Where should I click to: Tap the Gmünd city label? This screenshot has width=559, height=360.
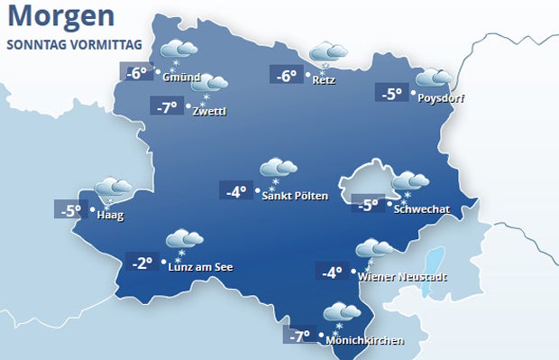[181, 77]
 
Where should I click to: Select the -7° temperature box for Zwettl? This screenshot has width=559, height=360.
[167, 108]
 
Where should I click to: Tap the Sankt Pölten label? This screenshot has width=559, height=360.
[294, 196]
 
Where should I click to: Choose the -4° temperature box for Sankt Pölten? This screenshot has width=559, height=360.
[237, 191]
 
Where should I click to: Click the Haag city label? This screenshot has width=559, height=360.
[110, 216]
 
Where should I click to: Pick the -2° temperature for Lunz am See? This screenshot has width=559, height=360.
[142, 263]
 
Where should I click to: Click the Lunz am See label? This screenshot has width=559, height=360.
[201, 266]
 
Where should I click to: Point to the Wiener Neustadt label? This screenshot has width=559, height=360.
[402, 277]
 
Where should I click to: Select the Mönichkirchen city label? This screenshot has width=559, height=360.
[365, 340]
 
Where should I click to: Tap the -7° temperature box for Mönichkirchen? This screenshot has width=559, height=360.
[300, 337]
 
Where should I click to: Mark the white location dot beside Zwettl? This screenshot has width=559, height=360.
[188, 107]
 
